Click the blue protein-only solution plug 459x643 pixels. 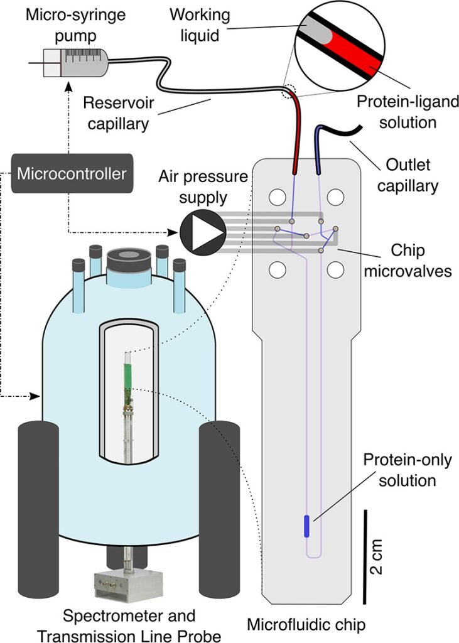(306, 526)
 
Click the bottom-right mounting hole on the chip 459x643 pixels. (335, 270)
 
